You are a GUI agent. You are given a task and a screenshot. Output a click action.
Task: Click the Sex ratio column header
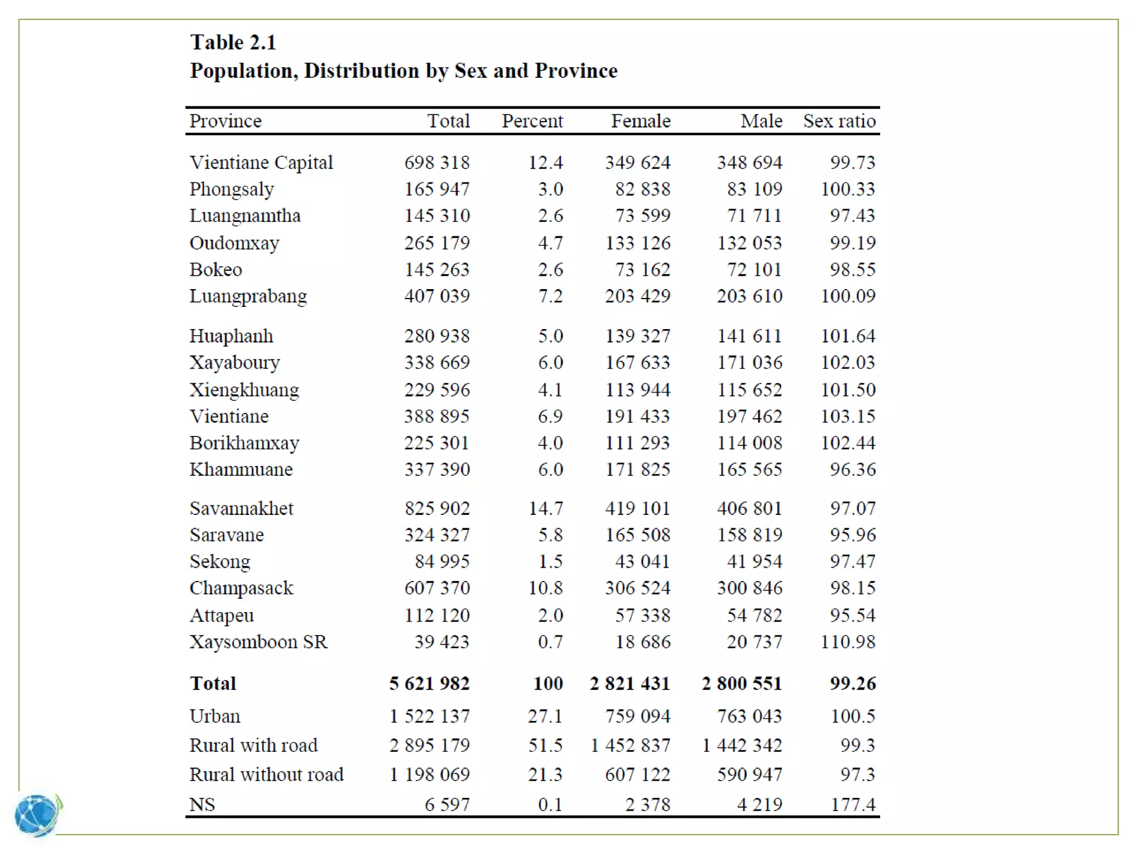839,121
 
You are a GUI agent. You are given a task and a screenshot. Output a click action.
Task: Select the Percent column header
532,121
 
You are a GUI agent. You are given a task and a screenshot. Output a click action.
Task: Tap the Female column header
641,121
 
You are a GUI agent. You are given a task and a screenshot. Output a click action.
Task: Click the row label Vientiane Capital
261,162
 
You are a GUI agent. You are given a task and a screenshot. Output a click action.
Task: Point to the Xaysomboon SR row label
258,642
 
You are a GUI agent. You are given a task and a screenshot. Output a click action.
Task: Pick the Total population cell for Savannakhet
437,508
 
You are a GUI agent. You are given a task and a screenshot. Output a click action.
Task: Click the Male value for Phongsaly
755,189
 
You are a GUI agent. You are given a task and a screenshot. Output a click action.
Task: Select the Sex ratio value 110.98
848,642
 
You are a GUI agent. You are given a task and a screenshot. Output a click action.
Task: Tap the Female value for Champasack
637,588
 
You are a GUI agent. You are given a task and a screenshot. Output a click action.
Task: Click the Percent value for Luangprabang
550,296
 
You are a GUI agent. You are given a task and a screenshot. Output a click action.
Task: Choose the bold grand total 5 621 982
429,683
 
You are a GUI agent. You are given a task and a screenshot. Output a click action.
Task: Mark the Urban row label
215,716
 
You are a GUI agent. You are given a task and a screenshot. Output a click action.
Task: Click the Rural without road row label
266,774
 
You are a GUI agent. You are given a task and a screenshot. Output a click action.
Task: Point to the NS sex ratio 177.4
853,805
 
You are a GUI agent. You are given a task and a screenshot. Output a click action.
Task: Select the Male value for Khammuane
749,470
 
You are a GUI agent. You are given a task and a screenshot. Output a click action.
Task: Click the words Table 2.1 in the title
233,42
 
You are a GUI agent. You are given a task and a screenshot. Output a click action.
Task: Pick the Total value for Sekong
442,562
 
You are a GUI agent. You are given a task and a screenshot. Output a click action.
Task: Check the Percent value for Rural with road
545,746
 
